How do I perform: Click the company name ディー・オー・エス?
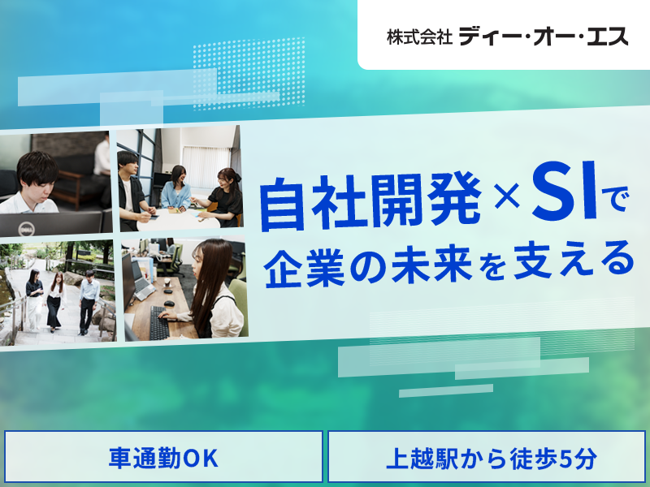pyautogui.click(x=544, y=36)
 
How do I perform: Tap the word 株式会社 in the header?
pyautogui.click(x=419, y=37)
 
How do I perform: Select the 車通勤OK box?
pyautogui.click(x=163, y=458)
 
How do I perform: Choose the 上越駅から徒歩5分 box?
pyautogui.click(x=492, y=458)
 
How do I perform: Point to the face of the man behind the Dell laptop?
pyautogui.click(x=37, y=175)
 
